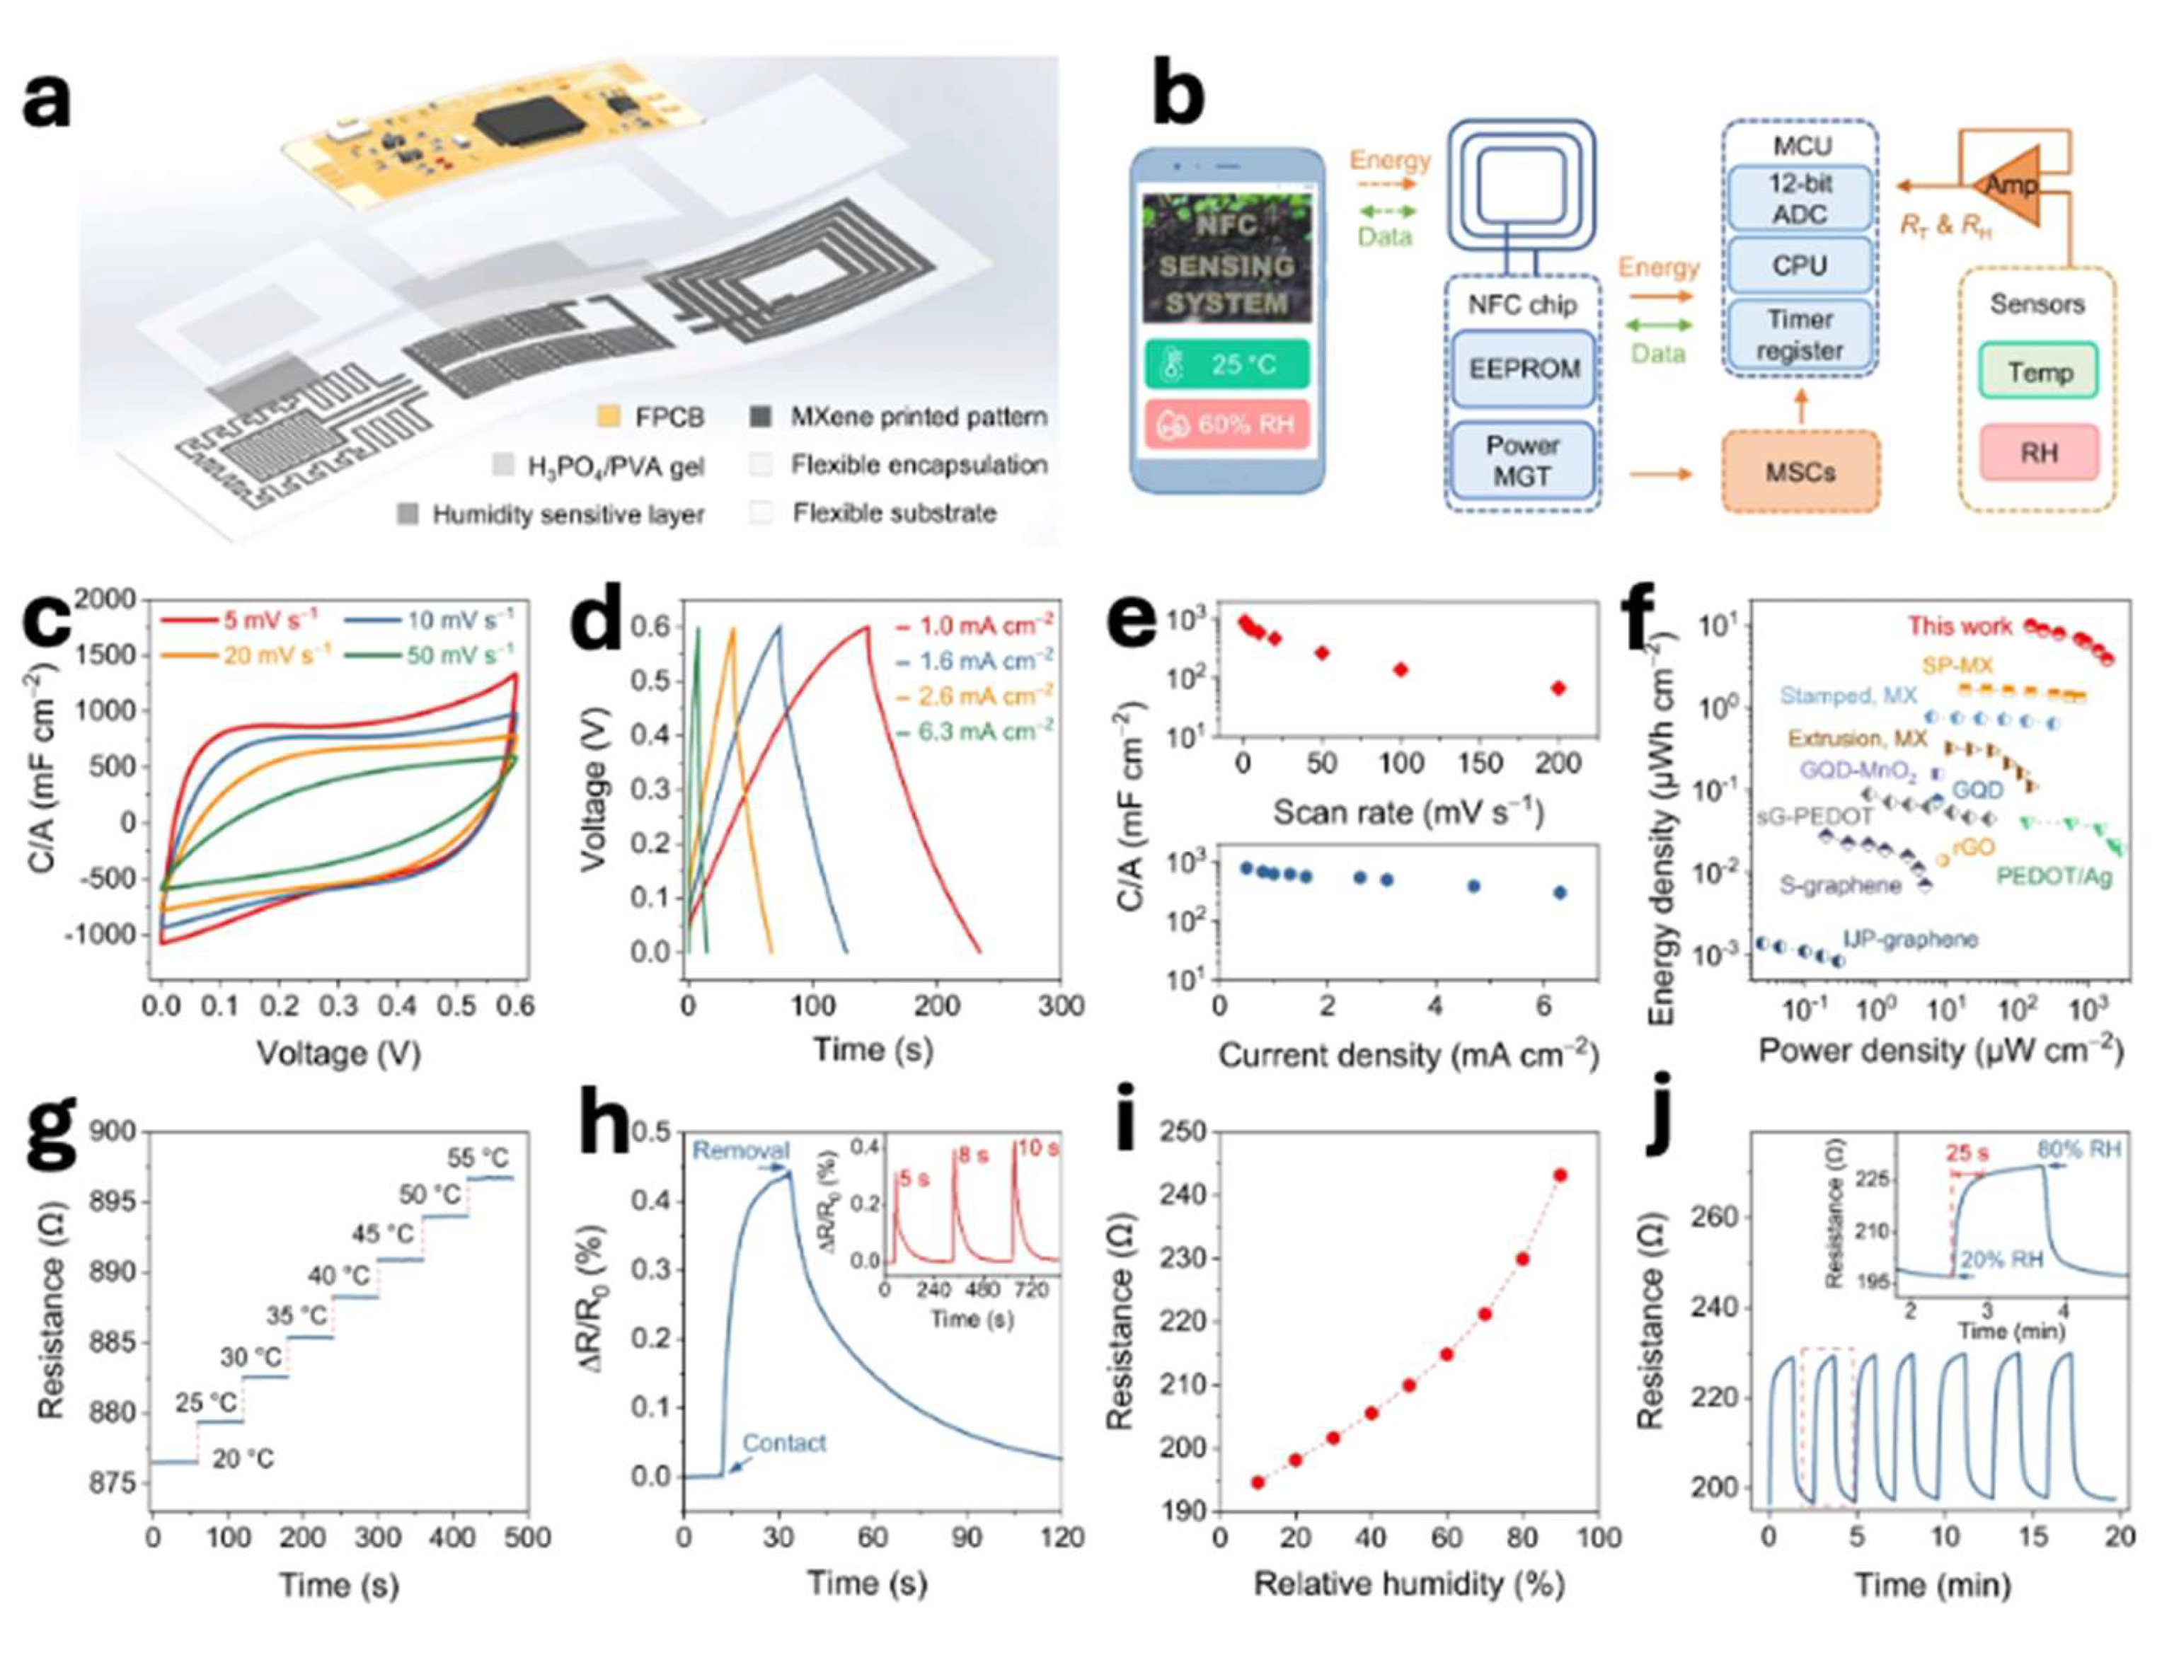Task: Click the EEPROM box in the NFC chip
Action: point(1523,369)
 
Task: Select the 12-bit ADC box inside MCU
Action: point(1799,199)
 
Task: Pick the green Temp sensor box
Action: point(2039,372)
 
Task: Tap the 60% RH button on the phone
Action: point(1226,425)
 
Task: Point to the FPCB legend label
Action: point(670,417)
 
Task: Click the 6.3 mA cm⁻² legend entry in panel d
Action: point(986,731)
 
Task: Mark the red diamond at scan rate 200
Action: point(1558,688)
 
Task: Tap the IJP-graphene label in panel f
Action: point(1910,939)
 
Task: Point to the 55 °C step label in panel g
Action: point(478,1158)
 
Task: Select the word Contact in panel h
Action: point(784,1443)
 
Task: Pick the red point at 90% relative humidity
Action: point(1559,1175)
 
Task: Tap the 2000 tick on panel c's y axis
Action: point(105,599)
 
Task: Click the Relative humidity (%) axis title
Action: point(1408,1584)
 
